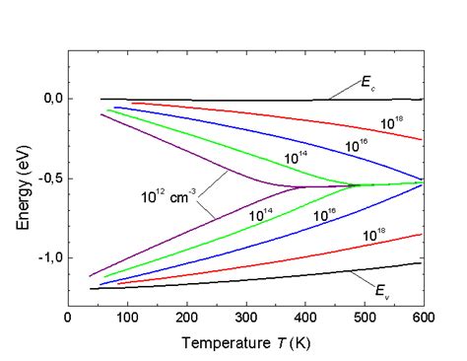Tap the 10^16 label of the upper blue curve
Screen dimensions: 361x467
click(357, 146)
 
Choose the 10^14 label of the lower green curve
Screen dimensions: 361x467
click(262, 215)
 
